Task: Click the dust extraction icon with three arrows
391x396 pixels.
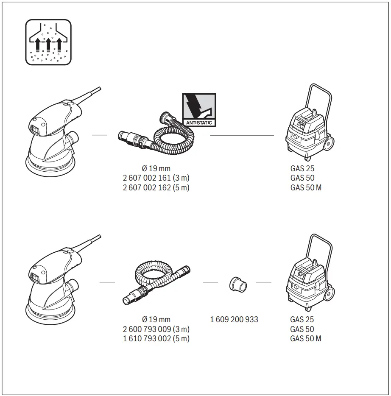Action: pyautogui.click(x=48, y=42)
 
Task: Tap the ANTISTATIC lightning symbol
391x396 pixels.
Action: pyautogui.click(x=199, y=109)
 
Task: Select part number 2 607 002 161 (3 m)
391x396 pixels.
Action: pyautogui.click(x=156, y=178)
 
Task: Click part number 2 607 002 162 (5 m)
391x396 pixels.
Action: pyautogui.click(x=156, y=187)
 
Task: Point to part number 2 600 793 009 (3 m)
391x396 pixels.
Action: pyautogui.click(x=156, y=329)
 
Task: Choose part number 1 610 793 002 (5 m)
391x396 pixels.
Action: pyautogui.click(x=156, y=338)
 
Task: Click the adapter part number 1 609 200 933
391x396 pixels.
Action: pyautogui.click(x=234, y=320)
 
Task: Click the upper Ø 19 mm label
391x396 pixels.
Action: pyautogui.click(x=156, y=169)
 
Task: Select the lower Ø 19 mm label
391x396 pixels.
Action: pyautogui.click(x=156, y=320)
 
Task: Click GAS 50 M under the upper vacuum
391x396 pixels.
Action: pyautogui.click(x=306, y=187)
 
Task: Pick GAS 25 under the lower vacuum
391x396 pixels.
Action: pyautogui.click(x=302, y=320)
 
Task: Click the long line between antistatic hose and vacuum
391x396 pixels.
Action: pyautogui.click(x=242, y=135)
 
